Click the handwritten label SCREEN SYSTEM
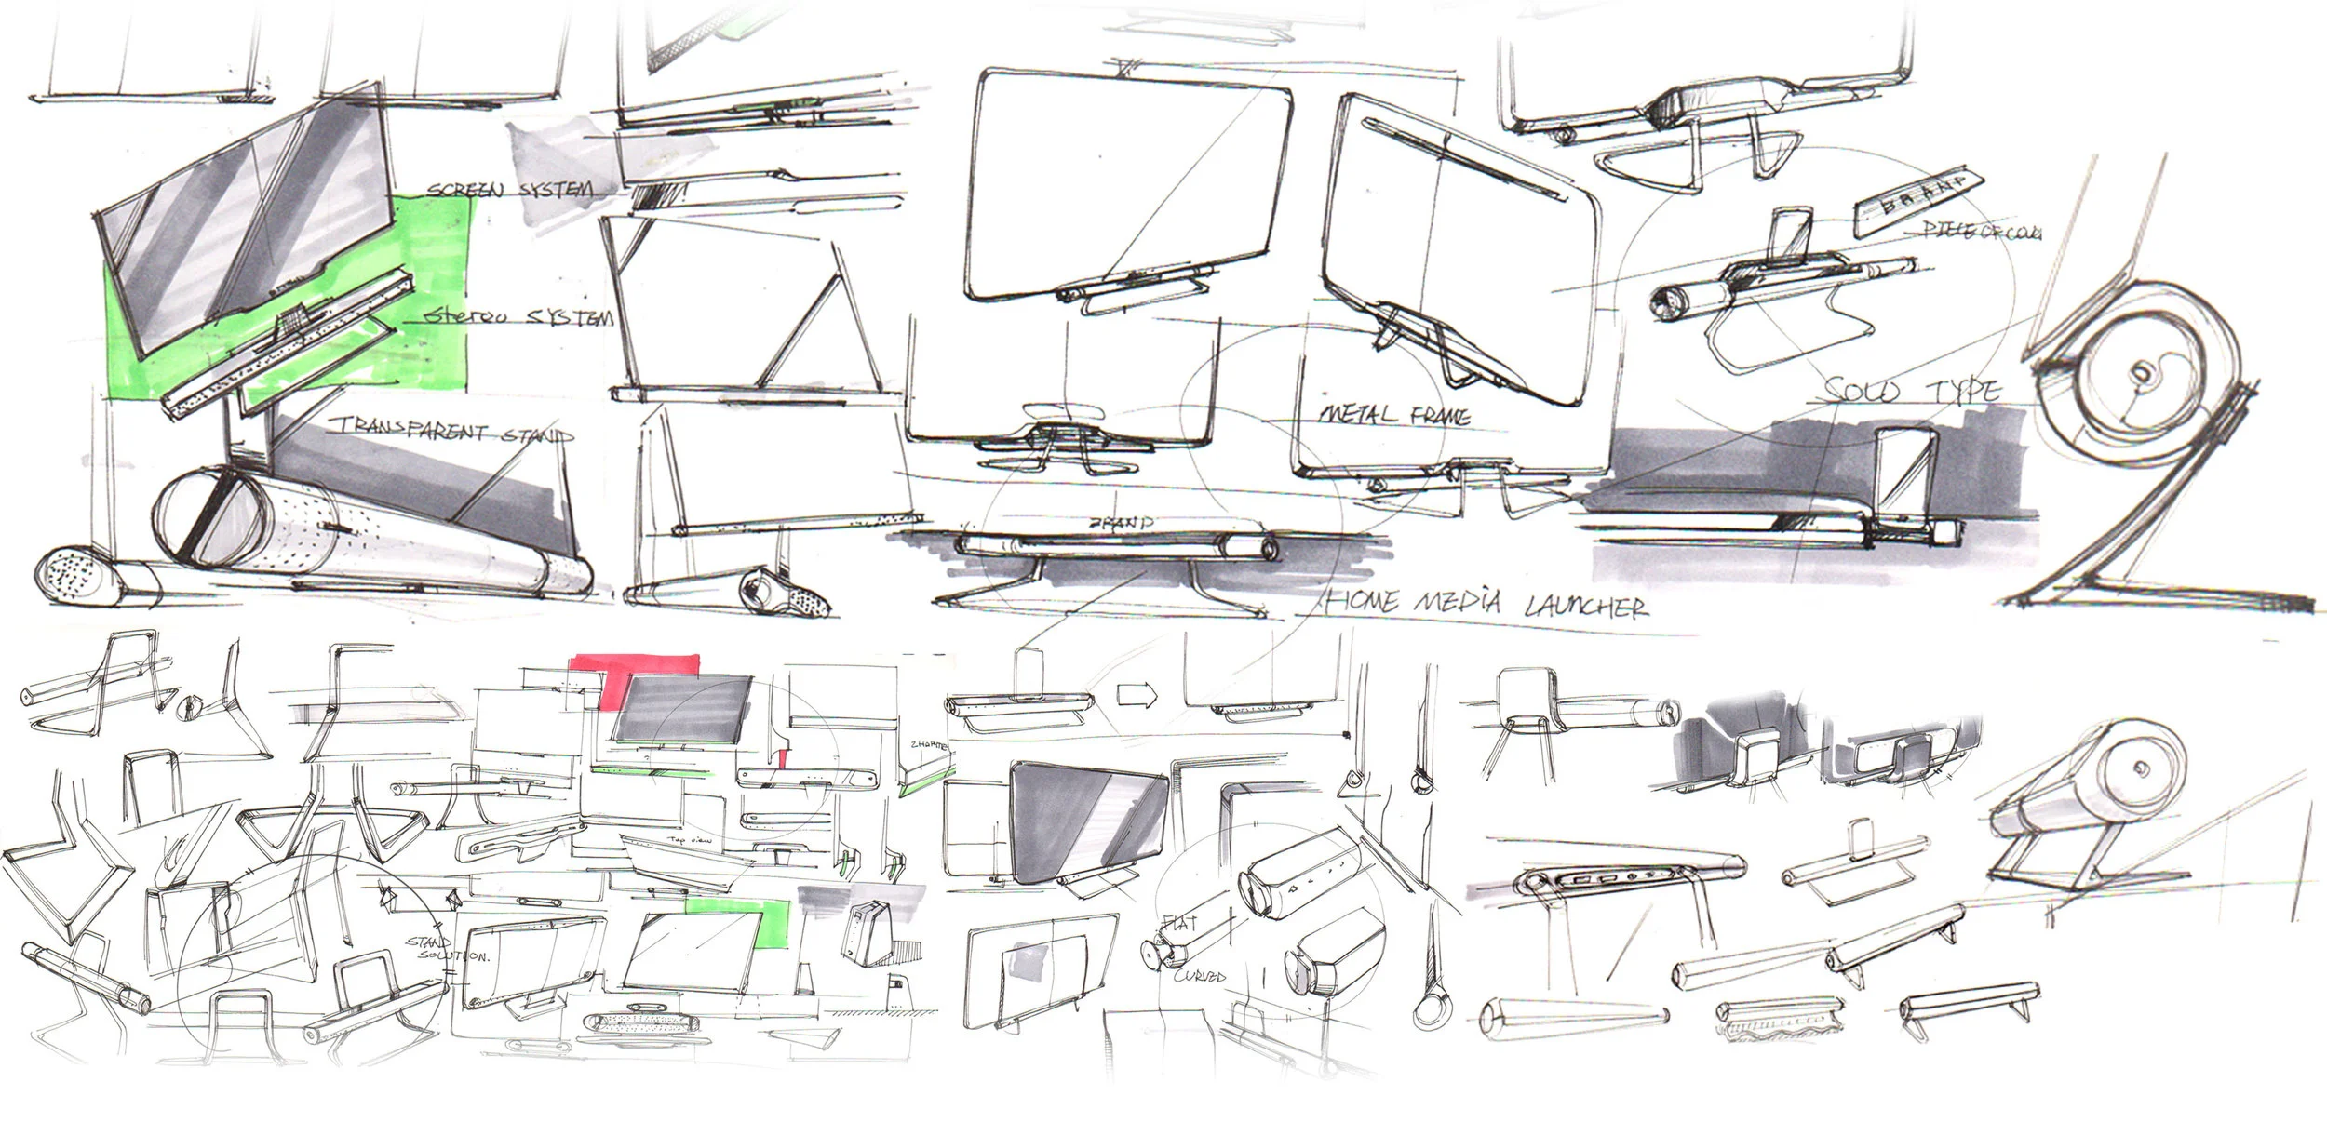(509, 190)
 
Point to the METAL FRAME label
(1395, 415)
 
